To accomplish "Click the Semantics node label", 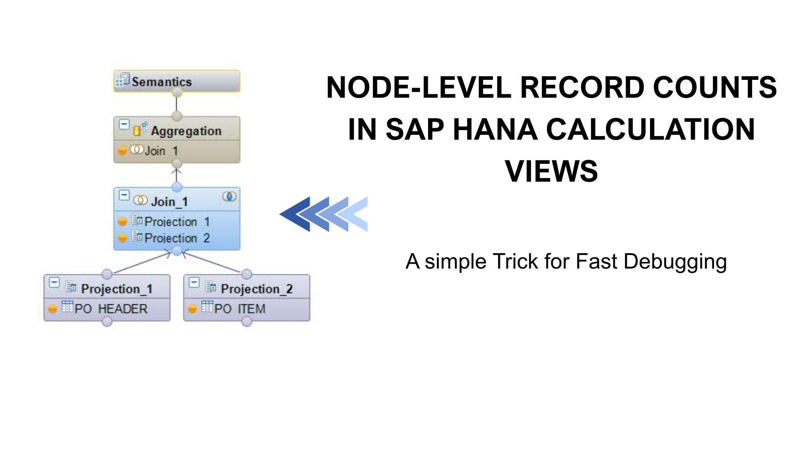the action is [162, 81].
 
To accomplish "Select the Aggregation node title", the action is [186, 131].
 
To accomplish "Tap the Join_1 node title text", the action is [170, 202].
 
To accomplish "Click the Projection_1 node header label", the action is [117, 289].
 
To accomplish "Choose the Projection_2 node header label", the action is [256, 289].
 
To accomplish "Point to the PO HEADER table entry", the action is [111, 308].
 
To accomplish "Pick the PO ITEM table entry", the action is [240, 308].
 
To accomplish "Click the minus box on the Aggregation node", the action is [124, 124].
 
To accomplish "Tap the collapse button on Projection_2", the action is [194, 283].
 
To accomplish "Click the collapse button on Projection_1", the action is [54, 283].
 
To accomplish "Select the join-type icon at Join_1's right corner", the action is [229, 196].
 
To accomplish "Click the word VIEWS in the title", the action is [551, 171].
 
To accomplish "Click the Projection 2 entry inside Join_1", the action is [177, 238].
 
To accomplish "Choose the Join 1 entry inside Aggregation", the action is [161, 150].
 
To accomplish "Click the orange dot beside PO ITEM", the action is [192, 309].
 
